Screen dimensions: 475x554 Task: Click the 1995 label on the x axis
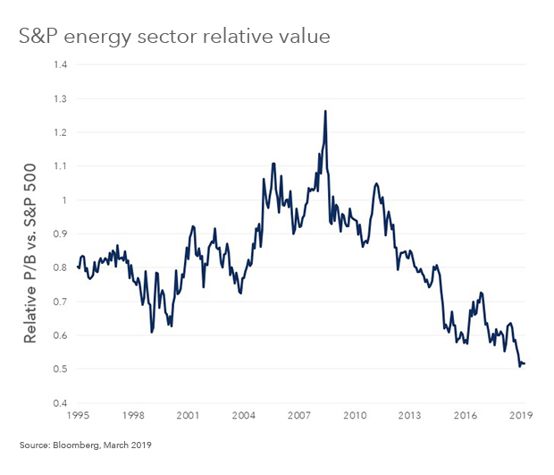point(79,416)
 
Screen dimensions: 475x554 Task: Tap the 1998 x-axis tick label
point(134,416)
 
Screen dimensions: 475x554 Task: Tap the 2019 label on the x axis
point(521,416)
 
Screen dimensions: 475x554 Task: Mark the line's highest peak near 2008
point(325,111)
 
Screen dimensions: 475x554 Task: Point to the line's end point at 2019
point(525,363)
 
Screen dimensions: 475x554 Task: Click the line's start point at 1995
point(79,267)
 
